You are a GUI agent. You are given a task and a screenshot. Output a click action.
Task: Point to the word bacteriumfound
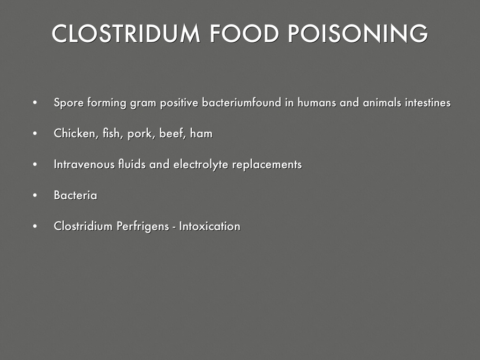[x=241, y=103]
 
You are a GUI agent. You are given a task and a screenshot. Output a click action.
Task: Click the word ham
[x=202, y=134]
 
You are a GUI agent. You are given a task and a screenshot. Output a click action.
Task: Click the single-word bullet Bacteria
[x=75, y=195]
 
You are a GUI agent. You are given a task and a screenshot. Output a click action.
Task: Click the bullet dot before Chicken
[x=35, y=134]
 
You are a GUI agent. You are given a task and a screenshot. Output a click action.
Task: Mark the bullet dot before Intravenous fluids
[x=35, y=165]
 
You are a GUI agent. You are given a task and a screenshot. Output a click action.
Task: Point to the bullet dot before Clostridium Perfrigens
[x=35, y=227]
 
